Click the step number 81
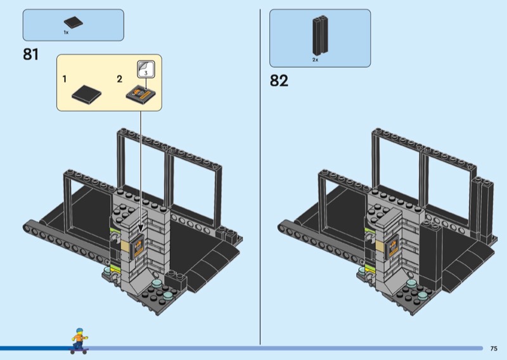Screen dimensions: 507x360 (x=30, y=55)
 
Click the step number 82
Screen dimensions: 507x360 (x=279, y=80)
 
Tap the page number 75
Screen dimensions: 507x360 (x=494, y=349)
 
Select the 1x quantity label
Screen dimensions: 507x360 (x=66, y=32)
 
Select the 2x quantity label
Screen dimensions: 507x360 (x=315, y=60)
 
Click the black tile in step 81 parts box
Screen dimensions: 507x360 (x=74, y=22)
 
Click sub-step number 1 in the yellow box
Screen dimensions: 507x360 (x=65, y=79)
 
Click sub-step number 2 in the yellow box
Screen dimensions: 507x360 (x=120, y=79)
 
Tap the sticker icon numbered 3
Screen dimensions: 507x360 (x=146, y=69)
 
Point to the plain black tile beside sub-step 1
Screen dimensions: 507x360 (x=86, y=94)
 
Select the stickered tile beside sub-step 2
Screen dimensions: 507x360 (x=141, y=94)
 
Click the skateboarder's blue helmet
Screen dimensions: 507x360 (x=79, y=331)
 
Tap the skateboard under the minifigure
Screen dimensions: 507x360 (x=79, y=350)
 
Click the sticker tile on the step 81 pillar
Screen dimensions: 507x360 (x=137, y=247)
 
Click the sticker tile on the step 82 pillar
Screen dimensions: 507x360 (x=392, y=247)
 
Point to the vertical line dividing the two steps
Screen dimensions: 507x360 (x=260, y=177)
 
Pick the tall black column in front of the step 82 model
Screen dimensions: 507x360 (x=431, y=254)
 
